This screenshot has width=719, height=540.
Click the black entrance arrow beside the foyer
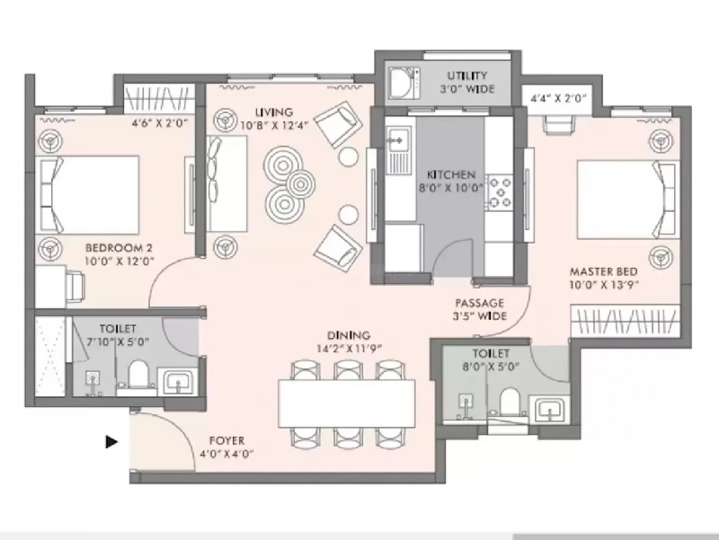(111, 442)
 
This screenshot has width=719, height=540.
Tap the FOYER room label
(226, 440)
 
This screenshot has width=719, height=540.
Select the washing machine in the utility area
(404, 83)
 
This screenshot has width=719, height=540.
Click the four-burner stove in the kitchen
(499, 191)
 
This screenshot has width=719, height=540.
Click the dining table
(347, 403)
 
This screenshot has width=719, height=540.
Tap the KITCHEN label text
(451, 174)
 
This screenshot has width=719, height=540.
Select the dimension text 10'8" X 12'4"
(275, 125)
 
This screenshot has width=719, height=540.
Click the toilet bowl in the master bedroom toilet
(509, 402)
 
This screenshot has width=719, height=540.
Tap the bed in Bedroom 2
(87, 195)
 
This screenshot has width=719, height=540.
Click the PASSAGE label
(479, 303)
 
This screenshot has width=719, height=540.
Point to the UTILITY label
(467, 75)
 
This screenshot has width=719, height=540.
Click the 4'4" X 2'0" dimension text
(558, 98)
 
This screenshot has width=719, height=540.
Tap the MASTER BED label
(603, 271)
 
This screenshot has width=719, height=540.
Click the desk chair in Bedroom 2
(75, 288)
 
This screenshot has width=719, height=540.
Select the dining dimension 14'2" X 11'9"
(349, 349)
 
